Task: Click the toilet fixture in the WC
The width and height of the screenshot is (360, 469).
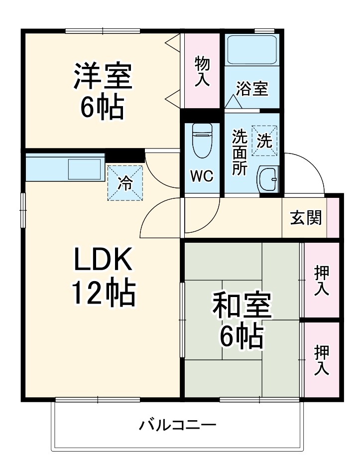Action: click(202, 140)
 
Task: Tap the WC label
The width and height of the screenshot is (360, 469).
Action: click(202, 176)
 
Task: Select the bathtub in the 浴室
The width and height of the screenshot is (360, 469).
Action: click(252, 50)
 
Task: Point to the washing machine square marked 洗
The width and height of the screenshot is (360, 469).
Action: click(264, 141)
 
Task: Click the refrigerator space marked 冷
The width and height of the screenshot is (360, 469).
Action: click(125, 183)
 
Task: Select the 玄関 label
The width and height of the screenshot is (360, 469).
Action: click(306, 217)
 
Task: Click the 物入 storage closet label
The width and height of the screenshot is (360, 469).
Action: click(202, 72)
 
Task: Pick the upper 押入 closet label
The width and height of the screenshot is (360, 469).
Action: click(322, 280)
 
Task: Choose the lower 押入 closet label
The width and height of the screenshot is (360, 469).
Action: click(322, 360)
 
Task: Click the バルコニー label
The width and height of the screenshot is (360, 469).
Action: click(177, 425)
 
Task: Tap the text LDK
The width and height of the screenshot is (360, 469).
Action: click(103, 259)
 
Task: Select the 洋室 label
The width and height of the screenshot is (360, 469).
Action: click(103, 75)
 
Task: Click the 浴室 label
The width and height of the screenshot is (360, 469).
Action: click(252, 89)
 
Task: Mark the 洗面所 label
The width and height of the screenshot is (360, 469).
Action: click(240, 152)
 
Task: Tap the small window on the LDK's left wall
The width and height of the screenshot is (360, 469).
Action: click(23, 211)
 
